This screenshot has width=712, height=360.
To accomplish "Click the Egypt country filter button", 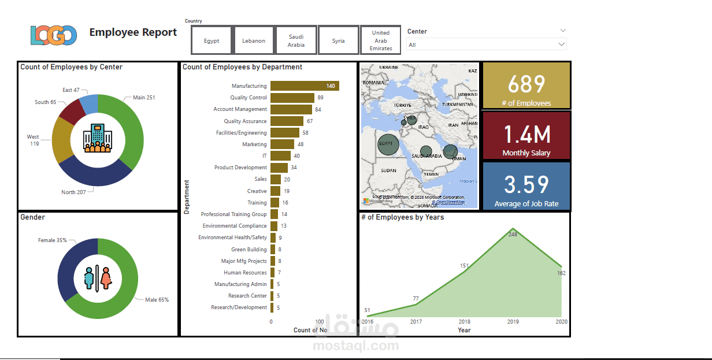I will click(x=212, y=40).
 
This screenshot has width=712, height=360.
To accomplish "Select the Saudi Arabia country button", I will click(x=296, y=40).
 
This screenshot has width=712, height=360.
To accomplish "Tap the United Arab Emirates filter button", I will click(x=381, y=40).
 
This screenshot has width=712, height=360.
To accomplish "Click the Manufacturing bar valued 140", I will click(x=305, y=86).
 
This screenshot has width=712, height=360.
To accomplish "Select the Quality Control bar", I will click(x=292, y=98).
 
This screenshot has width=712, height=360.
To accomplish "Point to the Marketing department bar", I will click(x=283, y=144).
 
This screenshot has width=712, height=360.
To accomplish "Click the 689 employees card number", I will click(x=526, y=84).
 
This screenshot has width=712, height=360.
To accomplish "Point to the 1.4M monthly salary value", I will click(x=526, y=134).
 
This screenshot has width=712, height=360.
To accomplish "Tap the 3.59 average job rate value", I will click(x=526, y=184).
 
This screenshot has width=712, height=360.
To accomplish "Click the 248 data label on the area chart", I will click(x=513, y=235).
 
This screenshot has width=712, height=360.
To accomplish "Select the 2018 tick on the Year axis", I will click(x=464, y=321).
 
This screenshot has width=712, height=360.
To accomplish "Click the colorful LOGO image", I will click(x=54, y=35).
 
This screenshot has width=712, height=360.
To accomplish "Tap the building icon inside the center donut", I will click(x=97, y=138).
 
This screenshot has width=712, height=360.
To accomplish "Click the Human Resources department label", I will click(x=245, y=273).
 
